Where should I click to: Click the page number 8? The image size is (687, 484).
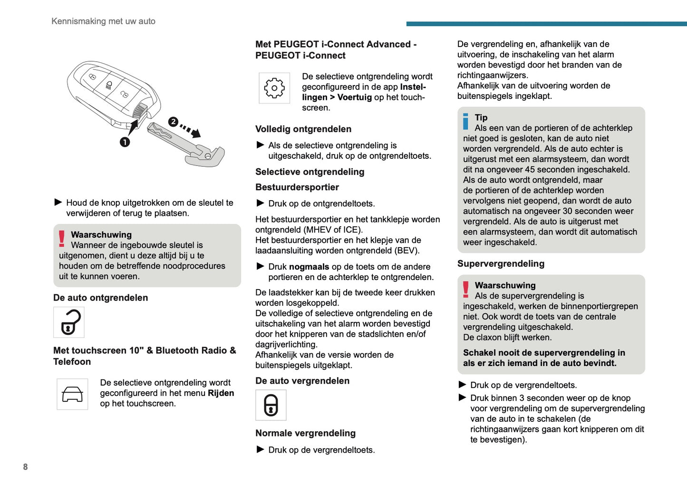click(x=26, y=467)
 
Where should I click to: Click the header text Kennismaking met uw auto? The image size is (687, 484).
click(x=103, y=21)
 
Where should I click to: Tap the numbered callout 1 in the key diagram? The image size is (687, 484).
click(x=125, y=142)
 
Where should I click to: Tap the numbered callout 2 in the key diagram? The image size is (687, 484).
click(x=173, y=122)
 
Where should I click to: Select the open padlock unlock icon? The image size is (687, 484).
click(x=69, y=322)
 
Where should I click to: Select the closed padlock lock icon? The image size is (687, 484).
click(x=271, y=405)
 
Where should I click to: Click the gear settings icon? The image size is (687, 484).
click(x=274, y=88)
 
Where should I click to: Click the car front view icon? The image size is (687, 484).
click(x=72, y=394)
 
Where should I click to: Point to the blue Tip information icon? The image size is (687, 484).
click(x=465, y=121)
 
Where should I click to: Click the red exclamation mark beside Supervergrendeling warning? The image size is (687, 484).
click(x=466, y=289)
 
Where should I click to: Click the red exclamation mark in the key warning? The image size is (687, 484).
click(x=62, y=238)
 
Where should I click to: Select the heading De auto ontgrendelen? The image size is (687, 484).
click(x=100, y=298)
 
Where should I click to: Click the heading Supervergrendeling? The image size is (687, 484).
click(x=501, y=263)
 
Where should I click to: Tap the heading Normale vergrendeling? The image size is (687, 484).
click(x=305, y=433)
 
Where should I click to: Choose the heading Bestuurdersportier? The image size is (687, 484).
click(x=297, y=187)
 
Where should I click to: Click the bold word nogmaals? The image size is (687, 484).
click(x=309, y=267)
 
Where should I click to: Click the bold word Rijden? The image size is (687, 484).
click(x=221, y=393)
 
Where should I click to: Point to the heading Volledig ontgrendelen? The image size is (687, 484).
click(x=303, y=129)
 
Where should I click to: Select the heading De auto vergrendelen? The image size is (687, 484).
click(x=302, y=381)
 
